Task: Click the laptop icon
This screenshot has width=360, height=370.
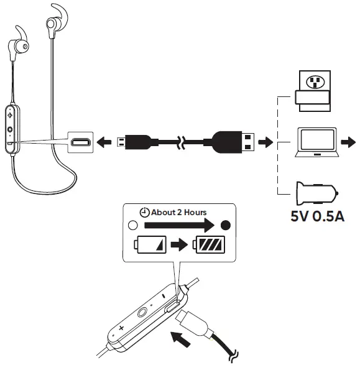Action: tap(317, 142)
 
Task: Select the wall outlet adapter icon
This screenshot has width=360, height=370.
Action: tap(313, 91)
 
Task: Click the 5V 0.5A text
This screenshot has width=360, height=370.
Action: tap(317, 216)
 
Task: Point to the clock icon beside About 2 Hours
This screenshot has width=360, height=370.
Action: tap(144, 213)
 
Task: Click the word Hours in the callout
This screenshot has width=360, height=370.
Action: tap(195, 213)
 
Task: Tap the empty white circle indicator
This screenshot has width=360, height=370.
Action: tap(132, 225)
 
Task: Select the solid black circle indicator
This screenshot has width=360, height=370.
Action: tap(226, 225)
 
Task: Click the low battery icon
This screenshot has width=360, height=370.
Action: tap(150, 245)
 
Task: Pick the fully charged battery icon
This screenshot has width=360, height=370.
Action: tap(209, 245)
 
